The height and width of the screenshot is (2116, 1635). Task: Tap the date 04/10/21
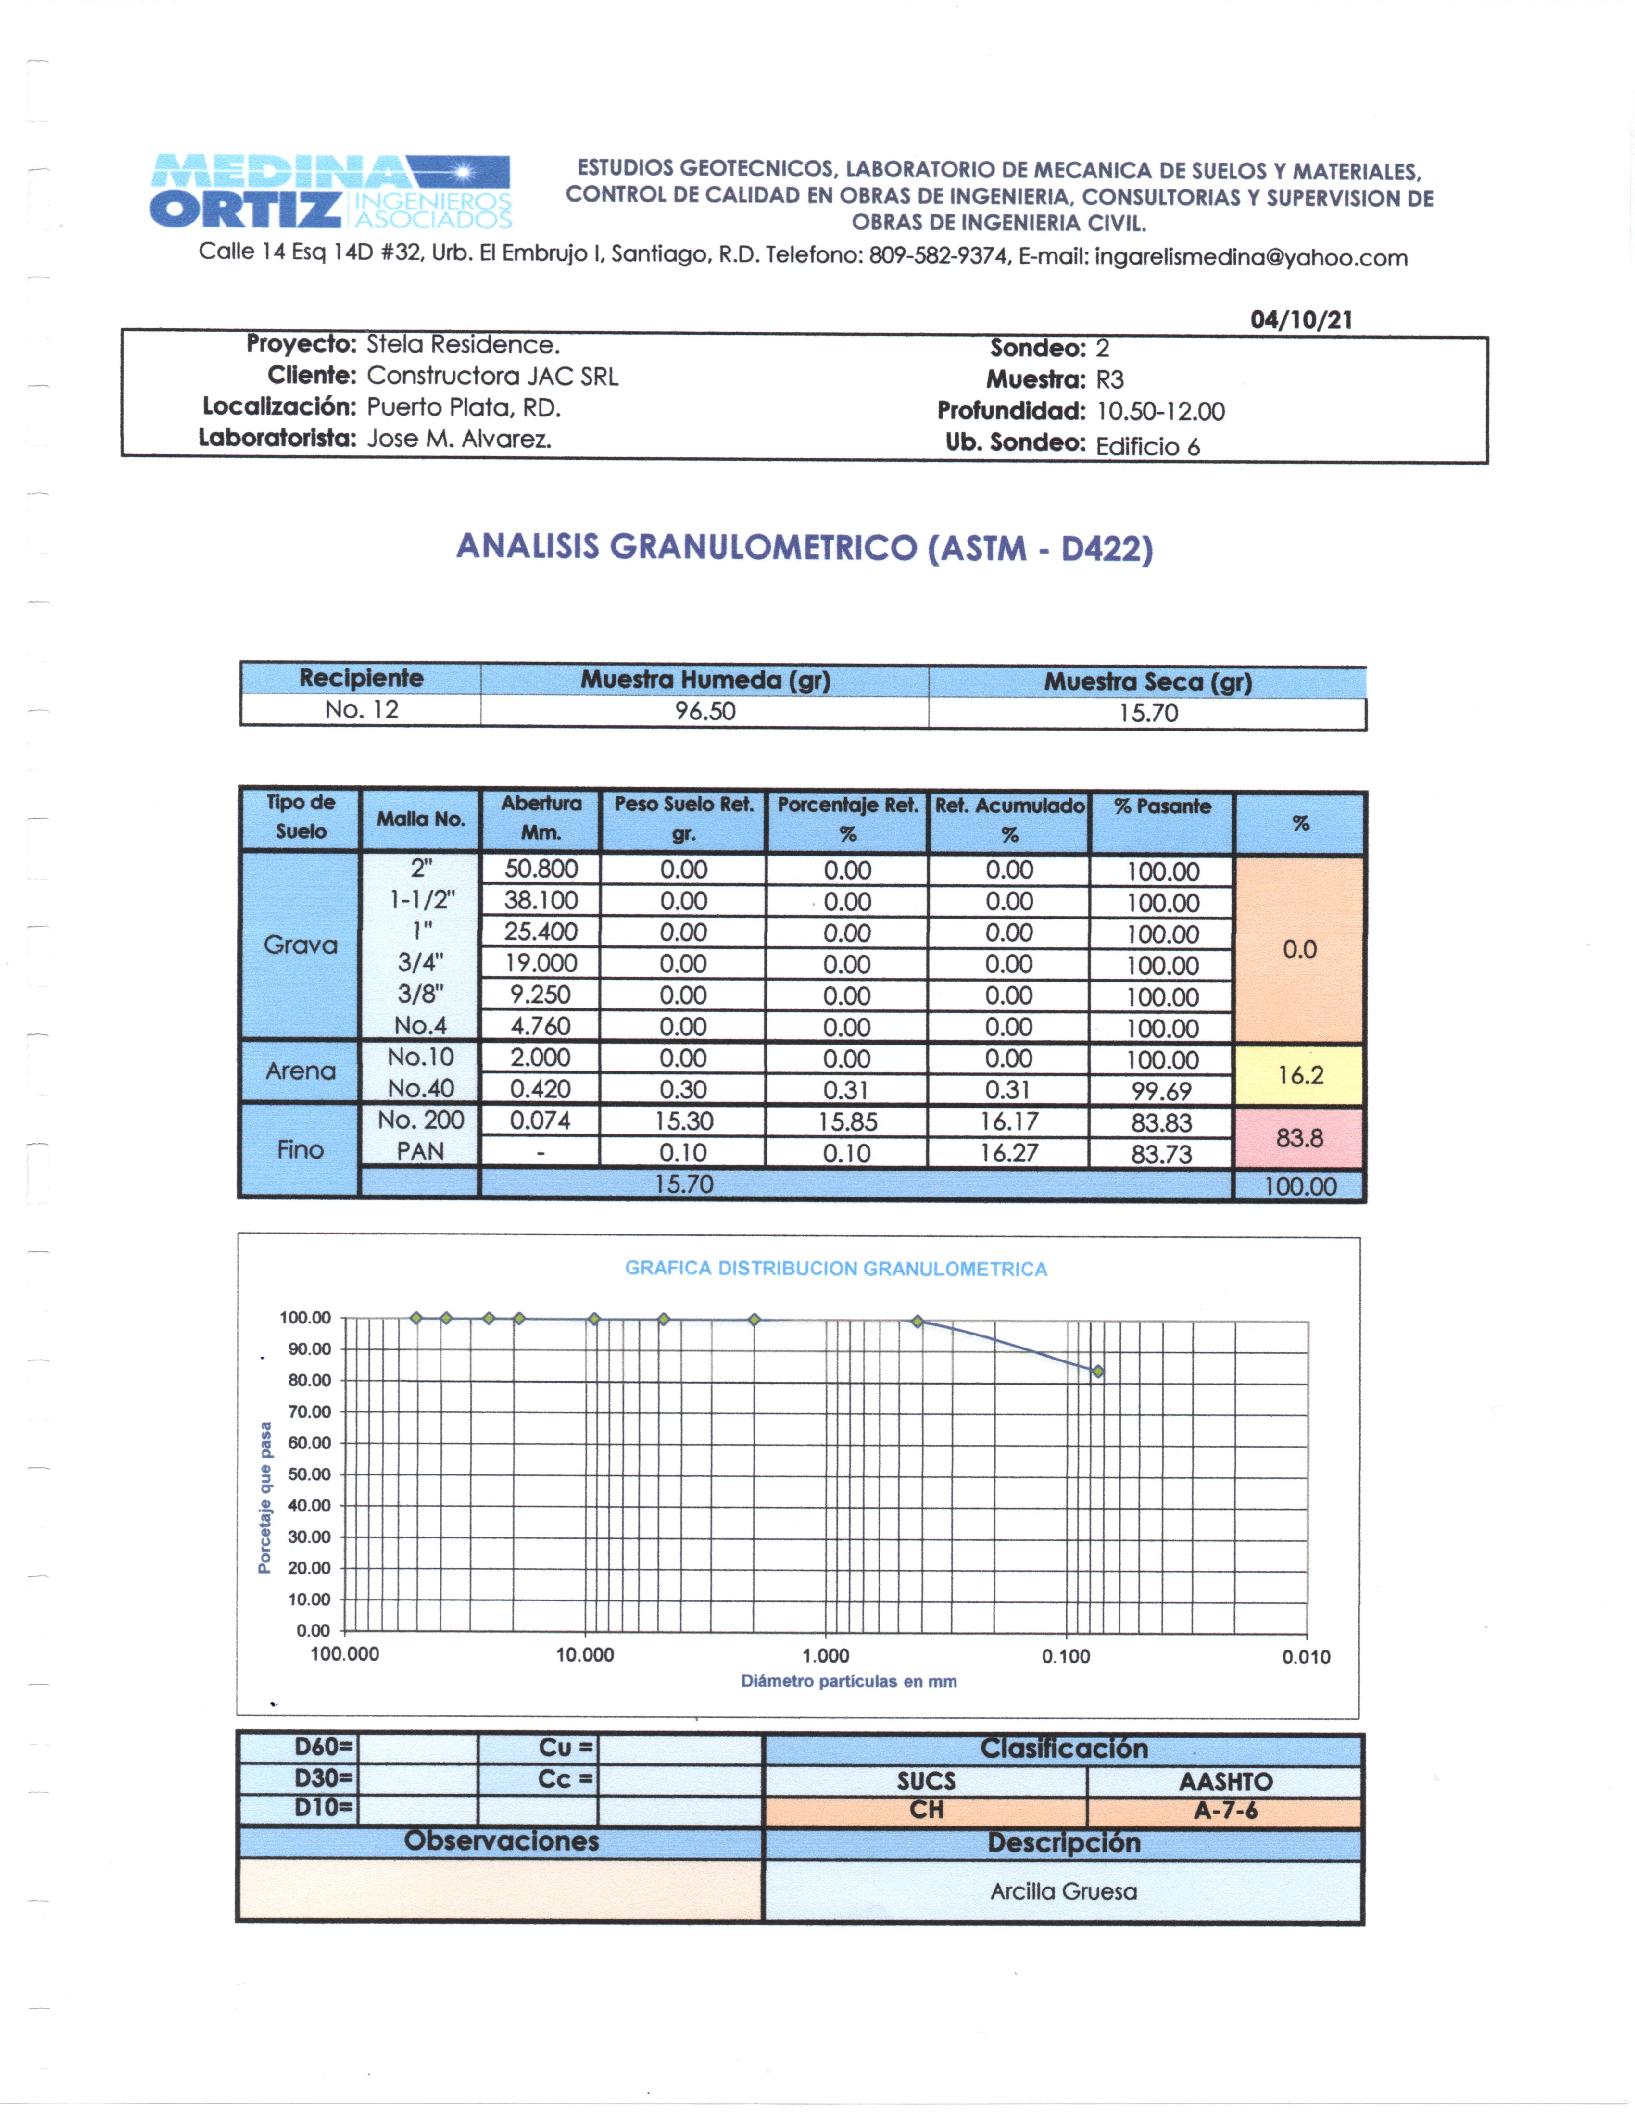pyautogui.click(x=1301, y=320)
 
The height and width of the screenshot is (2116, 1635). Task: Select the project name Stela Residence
pyautogui.click(x=463, y=345)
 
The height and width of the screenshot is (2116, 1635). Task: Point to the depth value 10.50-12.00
pyautogui.click(x=1160, y=412)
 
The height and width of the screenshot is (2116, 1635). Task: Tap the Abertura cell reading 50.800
pyautogui.click(x=541, y=869)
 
